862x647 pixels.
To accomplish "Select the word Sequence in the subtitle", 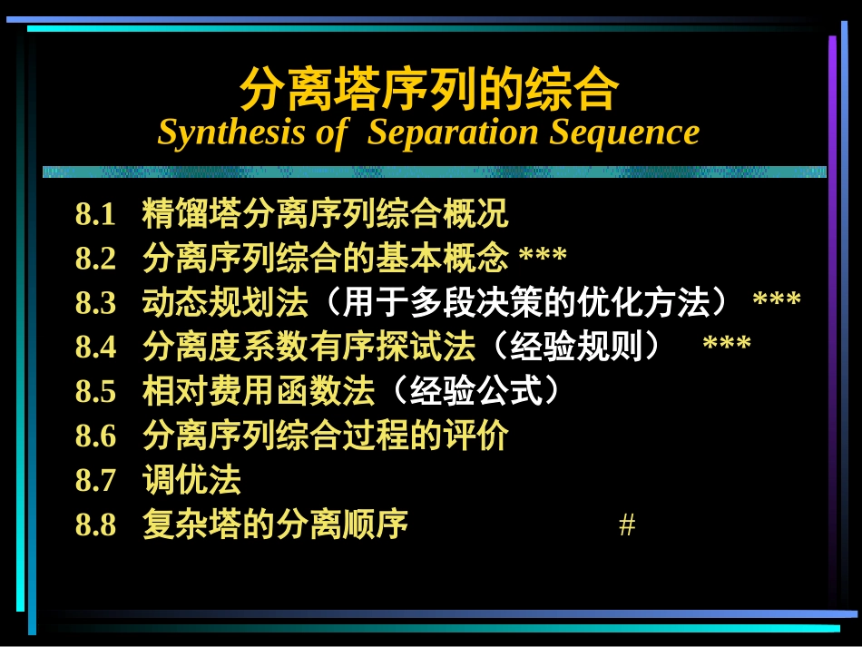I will click(x=624, y=132).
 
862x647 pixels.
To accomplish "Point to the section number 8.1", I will click(x=96, y=216).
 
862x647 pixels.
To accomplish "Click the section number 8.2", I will click(x=96, y=260).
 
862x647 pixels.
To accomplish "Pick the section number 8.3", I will click(x=96, y=304).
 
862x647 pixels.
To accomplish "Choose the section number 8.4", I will click(x=96, y=348).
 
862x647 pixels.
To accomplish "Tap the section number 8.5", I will click(x=96, y=392).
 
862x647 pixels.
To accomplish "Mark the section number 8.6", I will click(x=96, y=436).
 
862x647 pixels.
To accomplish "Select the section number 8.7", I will click(x=96, y=480).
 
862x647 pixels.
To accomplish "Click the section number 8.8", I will click(x=96, y=524).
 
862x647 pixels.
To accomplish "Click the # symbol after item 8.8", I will click(x=626, y=525).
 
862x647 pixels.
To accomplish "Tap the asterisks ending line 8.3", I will click(x=777, y=301).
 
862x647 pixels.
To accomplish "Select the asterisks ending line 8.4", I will click(x=727, y=346).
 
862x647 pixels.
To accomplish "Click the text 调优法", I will click(x=191, y=480).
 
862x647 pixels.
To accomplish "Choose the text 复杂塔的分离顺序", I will click(x=275, y=524).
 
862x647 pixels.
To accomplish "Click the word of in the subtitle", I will click(x=331, y=132).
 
